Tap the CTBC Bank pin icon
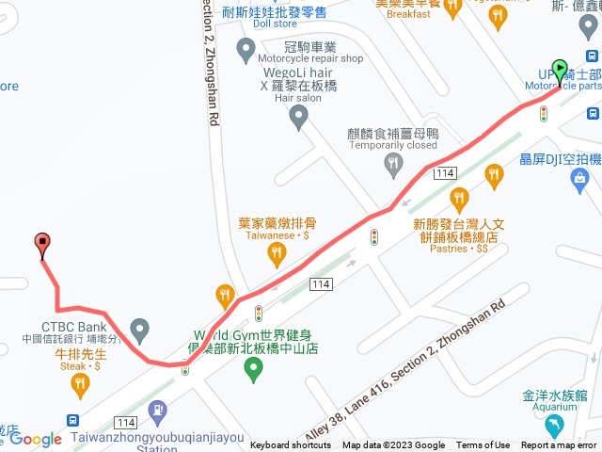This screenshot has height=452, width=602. pyautogui.click(x=139, y=331)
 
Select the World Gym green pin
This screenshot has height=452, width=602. pyautogui.click(x=252, y=370)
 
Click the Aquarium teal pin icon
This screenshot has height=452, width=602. pyautogui.click(x=557, y=427)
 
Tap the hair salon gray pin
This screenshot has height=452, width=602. pyautogui.click(x=299, y=118)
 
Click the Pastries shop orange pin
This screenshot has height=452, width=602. pyautogui.click(x=459, y=198)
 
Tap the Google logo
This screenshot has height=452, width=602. pyautogui.click(x=36, y=439)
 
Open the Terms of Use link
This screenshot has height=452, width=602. pyautogui.click(x=483, y=445)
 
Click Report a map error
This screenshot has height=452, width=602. pyautogui.click(x=559, y=445)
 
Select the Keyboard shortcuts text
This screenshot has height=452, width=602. pyautogui.click(x=292, y=445)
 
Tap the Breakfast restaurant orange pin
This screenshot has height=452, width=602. pyautogui.click(x=451, y=8)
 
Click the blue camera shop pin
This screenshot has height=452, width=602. pyautogui.click(x=582, y=176)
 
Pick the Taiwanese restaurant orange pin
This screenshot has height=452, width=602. pyautogui.click(x=276, y=251)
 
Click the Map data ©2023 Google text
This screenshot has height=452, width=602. pyautogui.click(x=393, y=445)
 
